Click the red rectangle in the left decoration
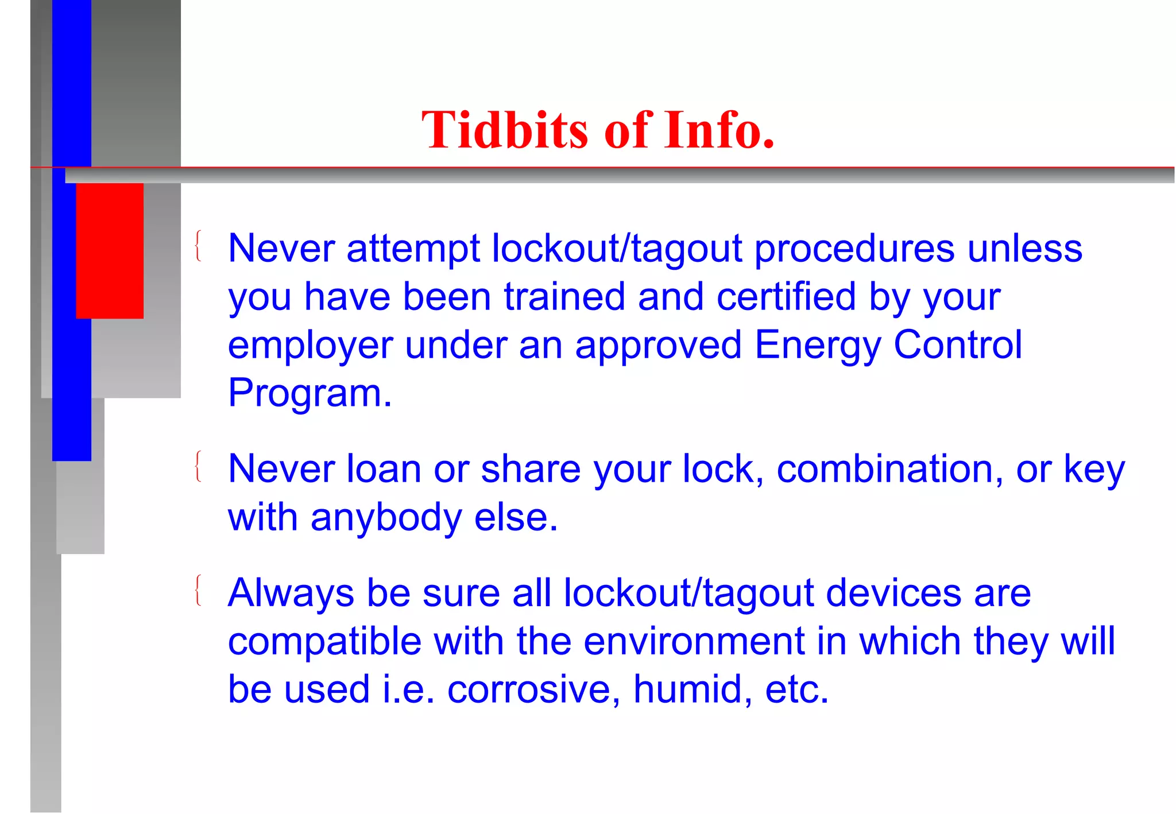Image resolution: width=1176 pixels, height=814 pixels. point(110,250)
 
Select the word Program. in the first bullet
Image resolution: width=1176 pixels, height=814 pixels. point(310,394)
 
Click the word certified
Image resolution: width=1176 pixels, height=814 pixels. point(786,297)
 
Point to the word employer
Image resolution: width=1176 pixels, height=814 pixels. point(310,346)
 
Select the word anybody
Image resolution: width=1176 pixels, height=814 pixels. point(386,518)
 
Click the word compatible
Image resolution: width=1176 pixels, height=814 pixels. point(324,641)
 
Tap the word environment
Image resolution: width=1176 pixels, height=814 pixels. point(694,641)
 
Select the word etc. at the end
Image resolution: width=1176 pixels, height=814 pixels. point(796,689)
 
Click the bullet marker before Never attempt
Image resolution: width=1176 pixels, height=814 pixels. point(198,246)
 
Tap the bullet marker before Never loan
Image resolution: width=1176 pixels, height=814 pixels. point(198,466)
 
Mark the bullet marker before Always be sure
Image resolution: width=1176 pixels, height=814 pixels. point(198,590)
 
